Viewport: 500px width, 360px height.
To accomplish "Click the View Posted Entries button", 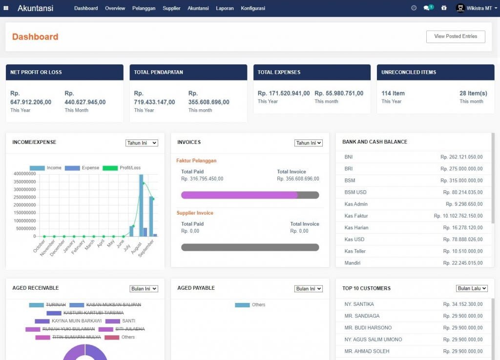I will (455, 37).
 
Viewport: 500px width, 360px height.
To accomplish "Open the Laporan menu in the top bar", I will (225, 8).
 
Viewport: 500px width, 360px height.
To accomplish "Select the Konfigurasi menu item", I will (253, 8).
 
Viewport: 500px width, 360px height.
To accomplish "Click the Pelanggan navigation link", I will (144, 8).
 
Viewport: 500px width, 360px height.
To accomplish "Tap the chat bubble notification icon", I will (427, 8).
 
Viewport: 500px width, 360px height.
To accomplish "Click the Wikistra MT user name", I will (479, 8).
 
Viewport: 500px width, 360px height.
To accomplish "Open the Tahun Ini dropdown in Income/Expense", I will (142, 143).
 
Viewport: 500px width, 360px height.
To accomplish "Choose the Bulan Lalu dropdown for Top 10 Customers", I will (472, 288).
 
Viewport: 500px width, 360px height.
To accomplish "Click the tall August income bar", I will (141, 205).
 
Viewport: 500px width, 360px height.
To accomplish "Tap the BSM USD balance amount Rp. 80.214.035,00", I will (461, 193).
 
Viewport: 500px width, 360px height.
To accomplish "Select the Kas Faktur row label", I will (356, 216).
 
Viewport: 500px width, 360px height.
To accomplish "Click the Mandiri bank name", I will (352, 263).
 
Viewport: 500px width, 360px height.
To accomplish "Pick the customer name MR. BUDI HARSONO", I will (368, 328).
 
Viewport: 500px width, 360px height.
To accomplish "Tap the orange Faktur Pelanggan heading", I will (196, 160).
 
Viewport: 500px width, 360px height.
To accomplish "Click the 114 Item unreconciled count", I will (393, 93).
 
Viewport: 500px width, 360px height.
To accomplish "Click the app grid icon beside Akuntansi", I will (6, 8).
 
